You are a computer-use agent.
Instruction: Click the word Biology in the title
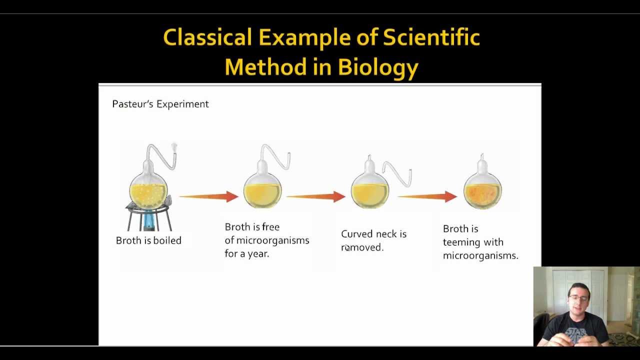coord(378,68)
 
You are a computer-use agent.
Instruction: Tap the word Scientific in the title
coord(431,37)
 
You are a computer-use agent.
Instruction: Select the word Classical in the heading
coord(207,37)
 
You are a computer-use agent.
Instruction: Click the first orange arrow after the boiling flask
coord(209,196)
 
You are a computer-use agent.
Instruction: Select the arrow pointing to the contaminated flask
coord(427,196)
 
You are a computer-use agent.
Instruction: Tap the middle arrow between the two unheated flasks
coord(316,196)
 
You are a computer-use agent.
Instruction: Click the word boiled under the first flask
coord(167,240)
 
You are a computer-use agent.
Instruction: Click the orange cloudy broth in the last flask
coord(482,195)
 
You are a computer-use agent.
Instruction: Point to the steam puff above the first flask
coord(174,147)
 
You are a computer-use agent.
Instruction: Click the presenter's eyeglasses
coord(579,298)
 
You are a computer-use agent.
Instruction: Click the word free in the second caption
coord(271,227)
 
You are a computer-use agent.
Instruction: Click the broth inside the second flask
coord(262,195)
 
